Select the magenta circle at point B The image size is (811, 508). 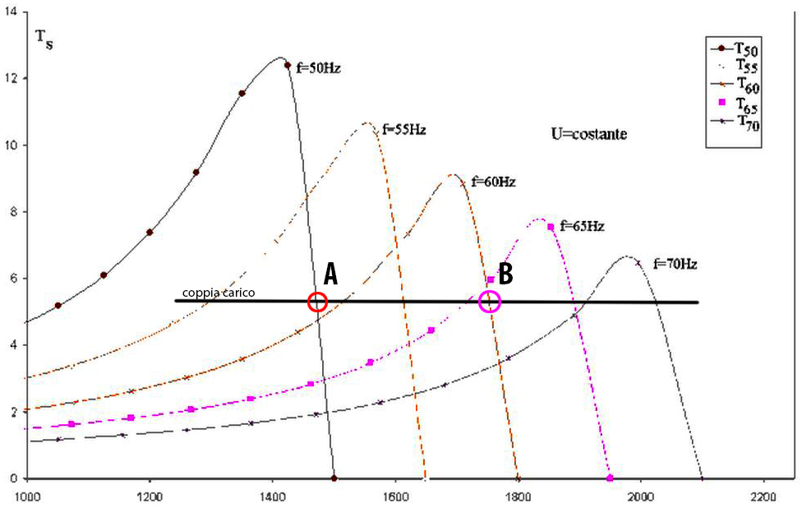pyautogui.click(x=490, y=302)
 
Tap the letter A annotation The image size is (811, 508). pyautogui.click(x=331, y=275)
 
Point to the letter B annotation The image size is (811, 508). pyautogui.click(x=505, y=273)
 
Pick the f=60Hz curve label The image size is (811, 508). pyautogui.click(x=493, y=182)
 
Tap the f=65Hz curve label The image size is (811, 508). pyautogui.click(x=582, y=225)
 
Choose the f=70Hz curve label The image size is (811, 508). pyautogui.click(x=675, y=264)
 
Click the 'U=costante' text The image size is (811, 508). pyautogui.click(x=588, y=132)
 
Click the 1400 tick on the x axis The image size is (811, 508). pyautogui.click(x=272, y=496)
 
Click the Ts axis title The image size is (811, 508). pyautogui.click(x=44, y=38)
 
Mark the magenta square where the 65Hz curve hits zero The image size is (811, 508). pyautogui.click(x=610, y=478)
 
